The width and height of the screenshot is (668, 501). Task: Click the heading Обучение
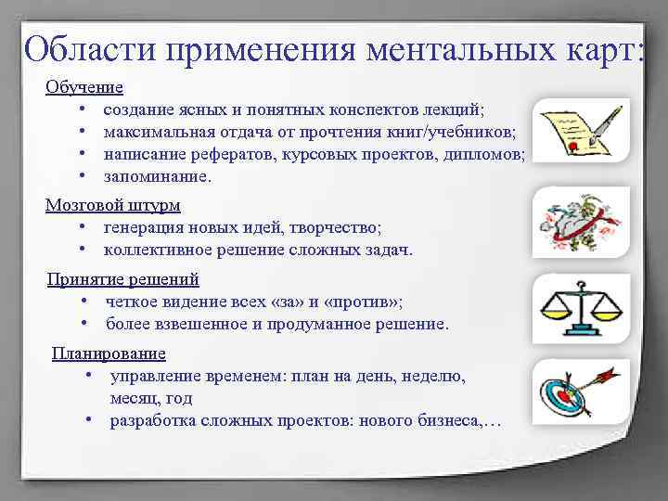84,87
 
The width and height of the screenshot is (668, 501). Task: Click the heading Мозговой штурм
113,205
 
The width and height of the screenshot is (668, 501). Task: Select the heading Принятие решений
123,279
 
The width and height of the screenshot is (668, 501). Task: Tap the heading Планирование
109,353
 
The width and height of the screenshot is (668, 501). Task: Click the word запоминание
157,176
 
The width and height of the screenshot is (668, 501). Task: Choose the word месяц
132,398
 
